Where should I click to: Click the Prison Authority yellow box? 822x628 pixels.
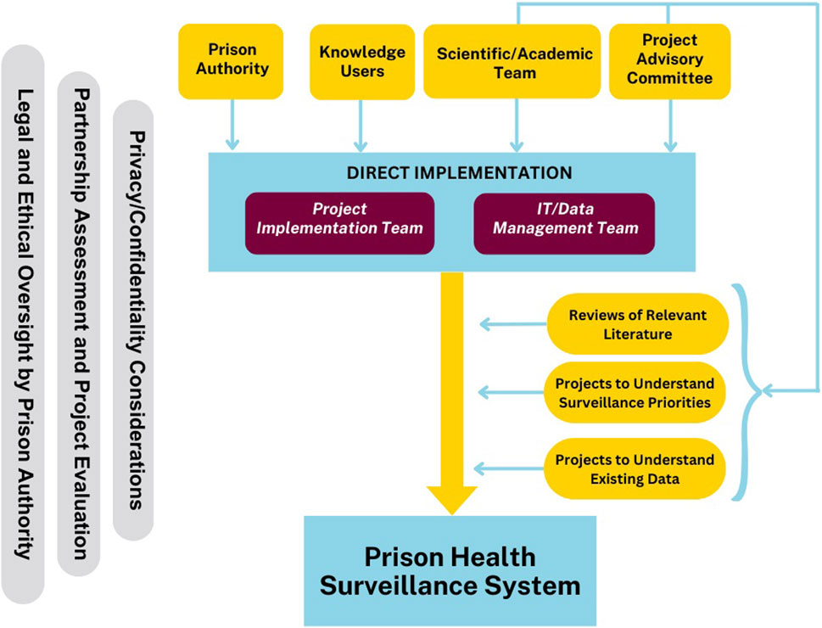click(x=232, y=61)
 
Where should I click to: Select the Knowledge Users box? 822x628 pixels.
click(x=362, y=61)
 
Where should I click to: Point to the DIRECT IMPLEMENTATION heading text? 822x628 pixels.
click(x=459, y=173)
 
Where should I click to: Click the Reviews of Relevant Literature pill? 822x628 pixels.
click(x=638, y=324)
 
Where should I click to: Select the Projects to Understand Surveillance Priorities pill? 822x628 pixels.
click(x=635, y=393)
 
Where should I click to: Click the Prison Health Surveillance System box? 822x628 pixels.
click(x=450, y=571)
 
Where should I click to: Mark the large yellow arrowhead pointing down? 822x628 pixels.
click(x=452, y=496)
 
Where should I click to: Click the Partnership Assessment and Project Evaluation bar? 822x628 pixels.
click(x=78, y=322)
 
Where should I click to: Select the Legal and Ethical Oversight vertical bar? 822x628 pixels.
click(x=23, y=322)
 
